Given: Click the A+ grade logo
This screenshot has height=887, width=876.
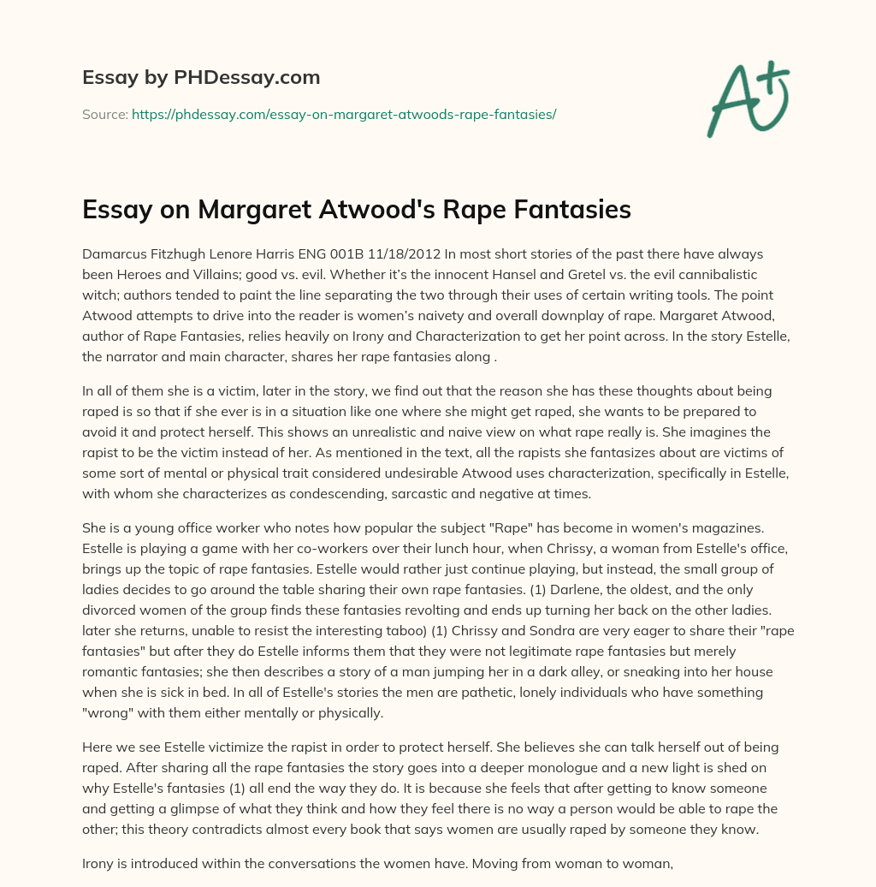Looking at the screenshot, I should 747,100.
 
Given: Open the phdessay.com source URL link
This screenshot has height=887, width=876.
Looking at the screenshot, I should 344,114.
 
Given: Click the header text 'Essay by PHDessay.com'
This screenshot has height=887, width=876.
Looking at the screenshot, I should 201,78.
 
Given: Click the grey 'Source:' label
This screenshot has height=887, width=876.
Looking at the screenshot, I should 104,114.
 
